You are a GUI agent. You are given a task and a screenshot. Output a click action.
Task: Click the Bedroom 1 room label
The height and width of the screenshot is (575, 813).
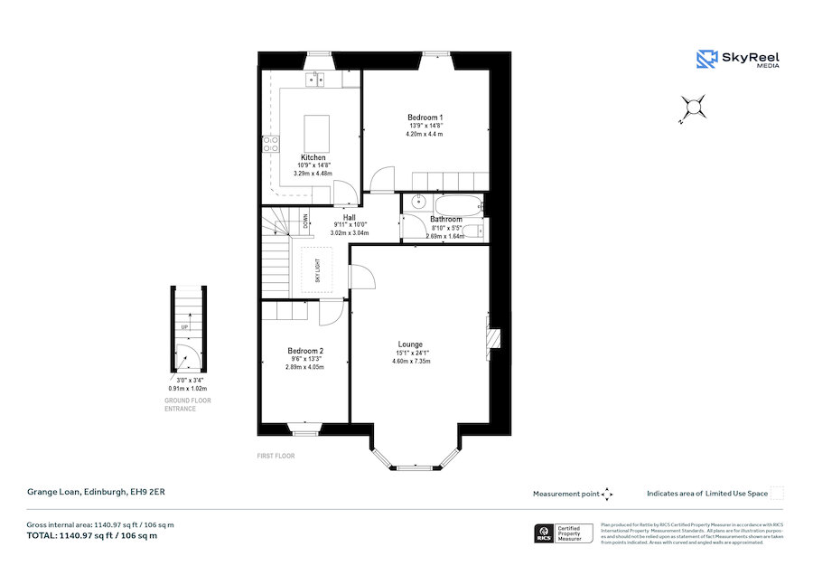[425, 118]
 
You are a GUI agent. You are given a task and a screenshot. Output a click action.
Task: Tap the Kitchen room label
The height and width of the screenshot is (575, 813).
[313, 158]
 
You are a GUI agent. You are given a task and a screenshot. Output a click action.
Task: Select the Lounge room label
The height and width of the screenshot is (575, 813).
[410, 344]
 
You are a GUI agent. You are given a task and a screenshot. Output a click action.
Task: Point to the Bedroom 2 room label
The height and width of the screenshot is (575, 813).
[305, 351]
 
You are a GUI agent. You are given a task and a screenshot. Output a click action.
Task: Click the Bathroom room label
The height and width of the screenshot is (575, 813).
[446, 220]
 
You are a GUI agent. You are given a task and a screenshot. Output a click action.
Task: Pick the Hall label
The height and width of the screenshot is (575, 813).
[349, 217]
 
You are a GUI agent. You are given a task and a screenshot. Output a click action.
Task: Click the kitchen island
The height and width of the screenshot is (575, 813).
[315, 133]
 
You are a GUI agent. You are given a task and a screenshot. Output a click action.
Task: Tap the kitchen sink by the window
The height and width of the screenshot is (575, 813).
[315, 80]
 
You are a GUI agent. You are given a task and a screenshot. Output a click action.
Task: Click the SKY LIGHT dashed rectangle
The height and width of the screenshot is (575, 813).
[317, 270]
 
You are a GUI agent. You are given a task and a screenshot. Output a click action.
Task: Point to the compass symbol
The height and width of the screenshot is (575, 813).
[694, 108]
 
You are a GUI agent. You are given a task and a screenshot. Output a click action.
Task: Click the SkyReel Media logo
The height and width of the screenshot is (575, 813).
[738, 60]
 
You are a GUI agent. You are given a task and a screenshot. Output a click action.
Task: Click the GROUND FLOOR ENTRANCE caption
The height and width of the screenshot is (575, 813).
[188, 403]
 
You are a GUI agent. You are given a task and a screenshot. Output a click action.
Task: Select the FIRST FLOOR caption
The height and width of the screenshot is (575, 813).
[276, 456]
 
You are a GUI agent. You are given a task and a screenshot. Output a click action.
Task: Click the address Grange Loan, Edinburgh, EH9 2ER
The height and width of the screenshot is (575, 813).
[95, 492]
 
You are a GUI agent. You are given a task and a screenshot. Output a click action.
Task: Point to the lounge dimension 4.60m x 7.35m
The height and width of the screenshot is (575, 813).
[411, 361]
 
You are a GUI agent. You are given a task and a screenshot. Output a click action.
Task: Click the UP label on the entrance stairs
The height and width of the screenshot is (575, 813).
[184, 327]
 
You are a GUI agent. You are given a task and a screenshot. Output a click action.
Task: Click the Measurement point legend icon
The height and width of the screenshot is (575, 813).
[607, 494]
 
